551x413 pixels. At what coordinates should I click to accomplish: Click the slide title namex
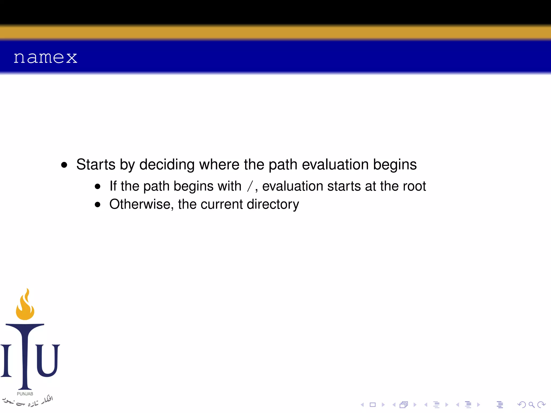[x=45, y=58]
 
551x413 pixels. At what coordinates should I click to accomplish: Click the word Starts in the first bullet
[x=96, y=164]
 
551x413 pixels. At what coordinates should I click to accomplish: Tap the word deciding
[x=167, y=164]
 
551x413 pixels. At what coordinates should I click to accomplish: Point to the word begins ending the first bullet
[x=395, y=164]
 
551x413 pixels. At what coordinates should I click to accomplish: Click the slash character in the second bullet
[x=250, y=186]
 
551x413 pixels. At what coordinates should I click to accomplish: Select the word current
[x=222, y=204]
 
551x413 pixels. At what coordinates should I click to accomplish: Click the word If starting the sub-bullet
[x=113, y=186]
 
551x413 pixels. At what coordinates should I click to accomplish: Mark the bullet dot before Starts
[x=64, y=165]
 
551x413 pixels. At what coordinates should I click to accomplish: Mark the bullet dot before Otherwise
[x=97, y=205]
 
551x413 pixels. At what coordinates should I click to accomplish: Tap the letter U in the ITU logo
[x=47, y=360]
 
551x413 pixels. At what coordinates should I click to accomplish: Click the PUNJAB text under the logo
[x=25, y=394]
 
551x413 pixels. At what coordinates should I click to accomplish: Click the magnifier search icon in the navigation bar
[x=531, y=405]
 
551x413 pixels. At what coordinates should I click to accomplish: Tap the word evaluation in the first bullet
[x=335, y=164]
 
